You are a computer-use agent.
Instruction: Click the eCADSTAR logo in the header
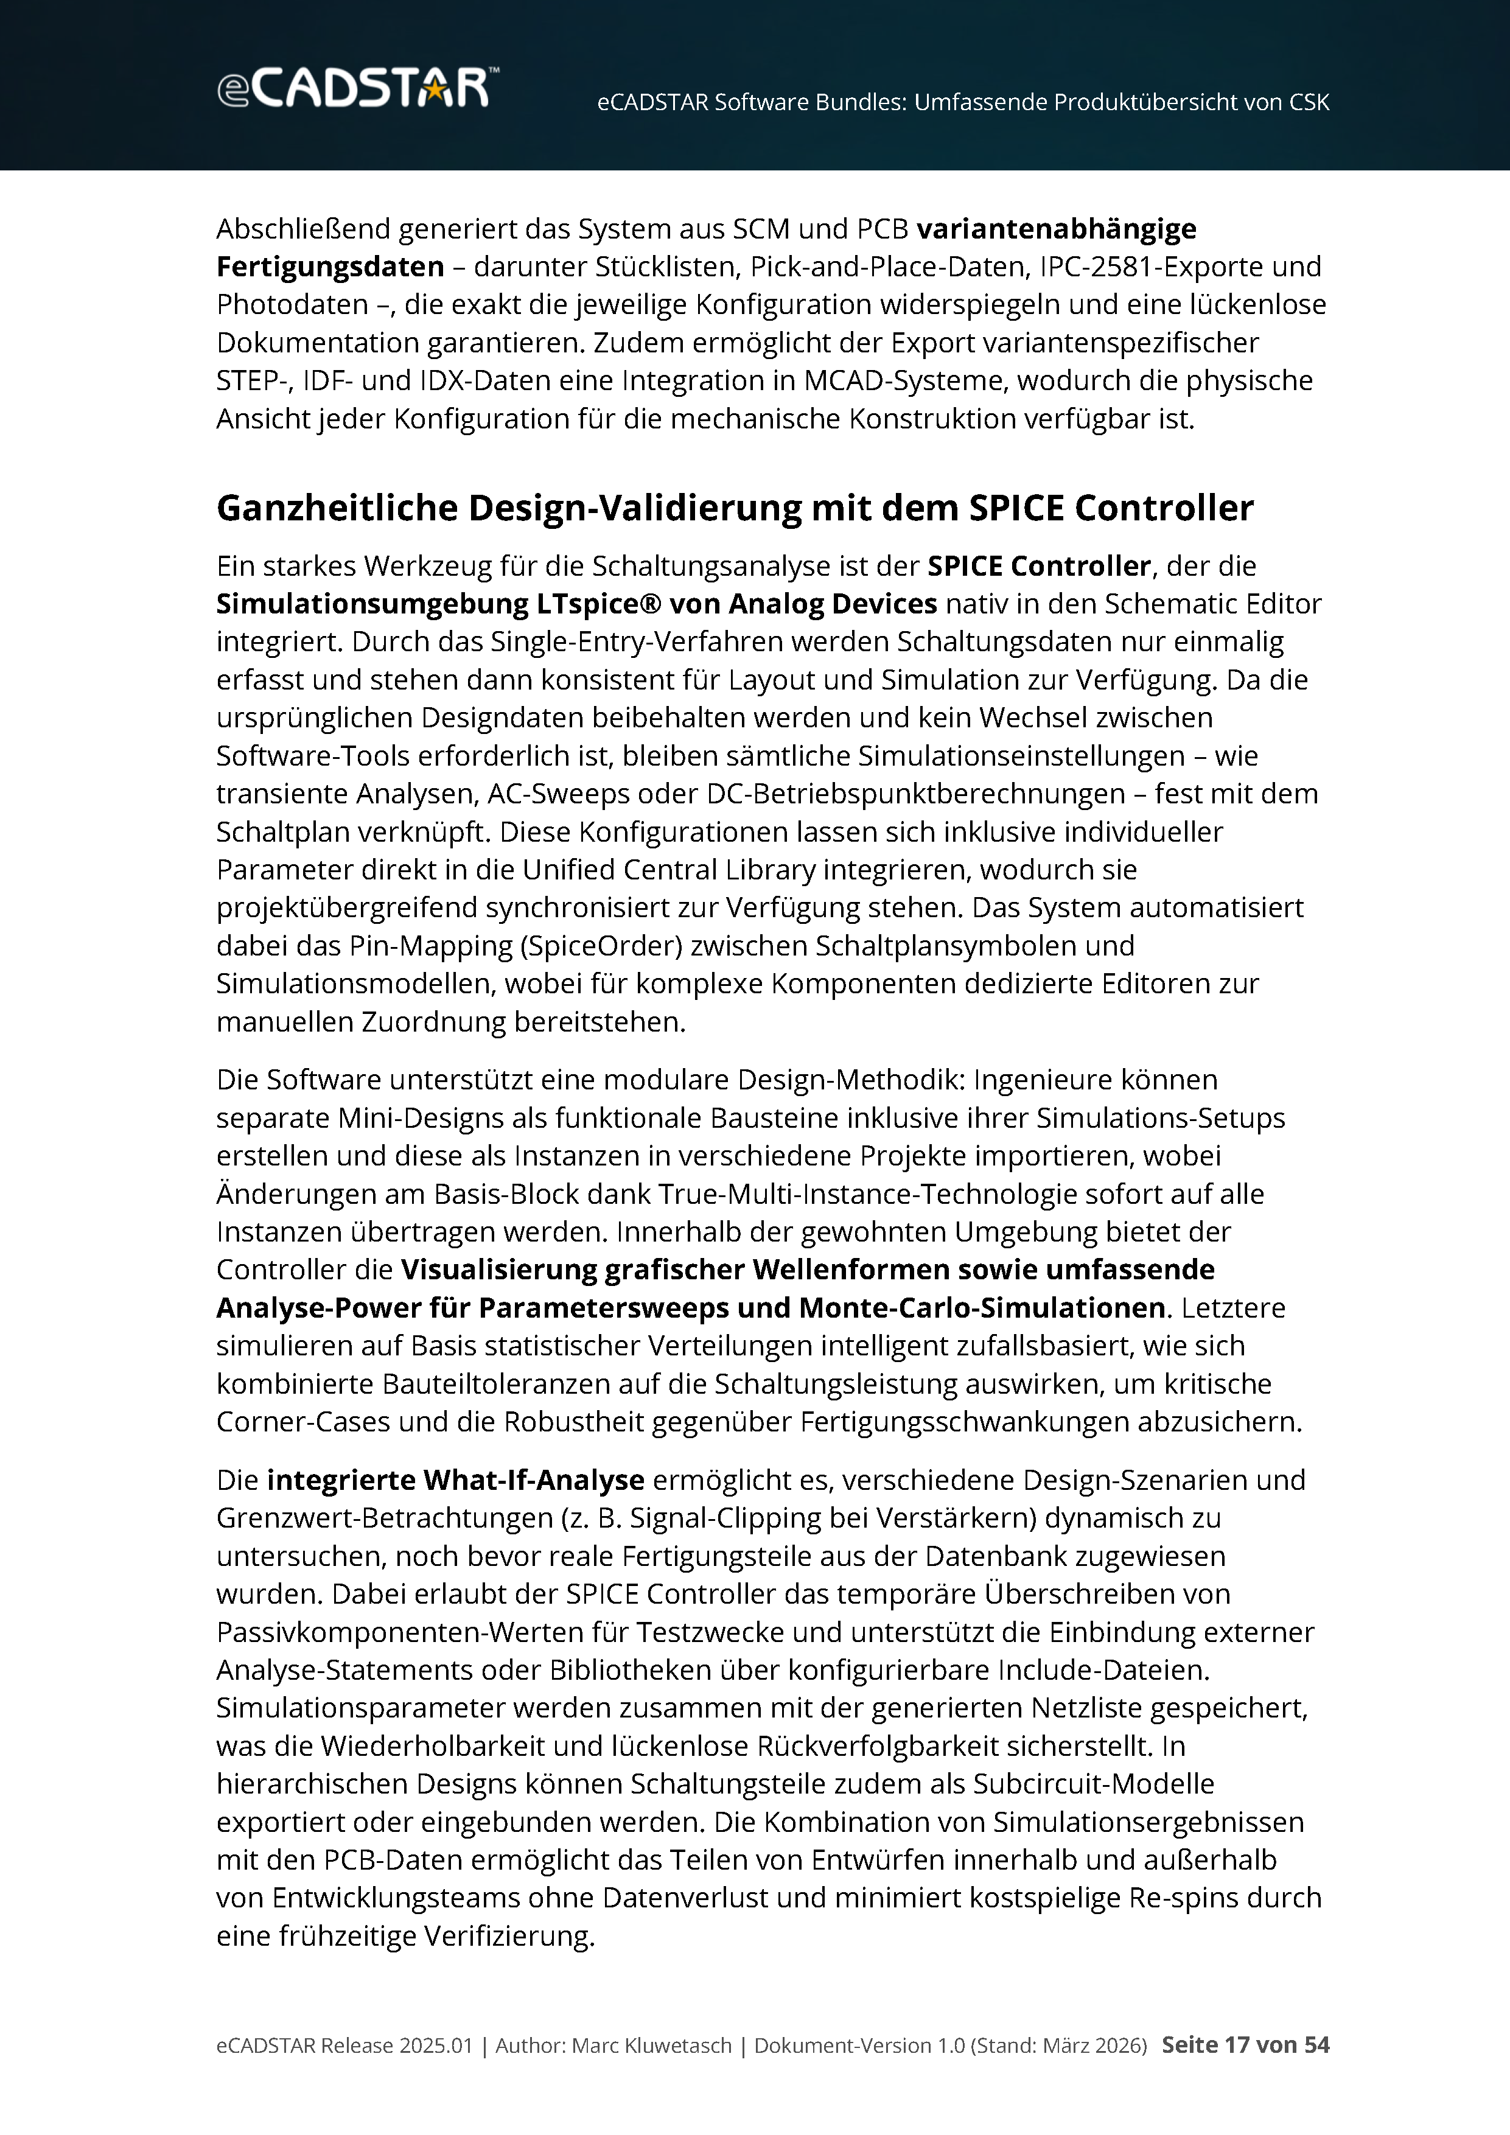click(358, 88)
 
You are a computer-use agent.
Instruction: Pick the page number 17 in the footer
click(1237, 2045)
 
